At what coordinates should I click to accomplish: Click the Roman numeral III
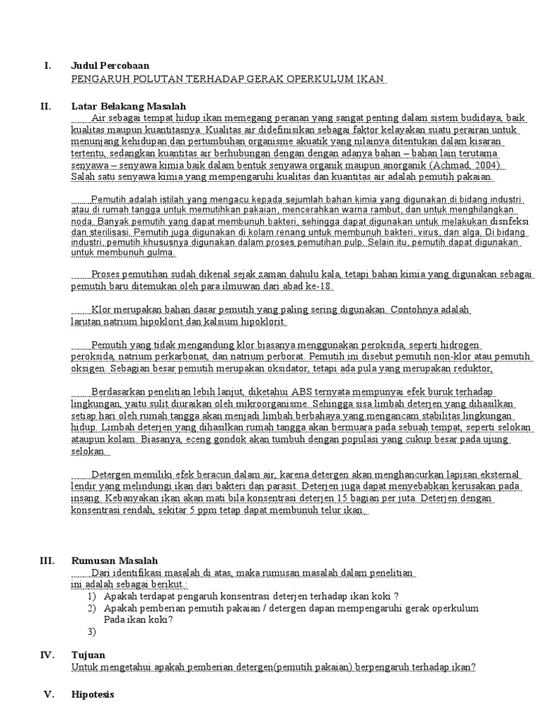click(47, 560)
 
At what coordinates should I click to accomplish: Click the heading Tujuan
click(88, 654)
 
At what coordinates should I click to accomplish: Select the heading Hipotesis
click(93, 694)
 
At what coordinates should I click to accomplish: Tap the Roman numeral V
click(48, 694)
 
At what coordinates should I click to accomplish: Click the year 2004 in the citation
click(488, 166)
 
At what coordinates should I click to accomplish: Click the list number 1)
click(92, 596)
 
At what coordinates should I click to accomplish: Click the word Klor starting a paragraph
click(103, 310)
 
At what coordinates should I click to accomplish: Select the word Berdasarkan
click(121, 391)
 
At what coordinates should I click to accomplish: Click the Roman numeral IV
click(47, 654)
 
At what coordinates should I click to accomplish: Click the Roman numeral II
click(46, 105)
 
